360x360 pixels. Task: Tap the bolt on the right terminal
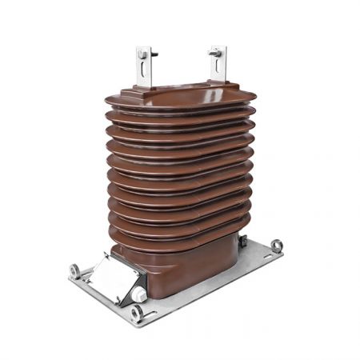(215, 53)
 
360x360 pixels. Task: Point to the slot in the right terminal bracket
(218, 71)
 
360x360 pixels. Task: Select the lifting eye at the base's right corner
(277, 246)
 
